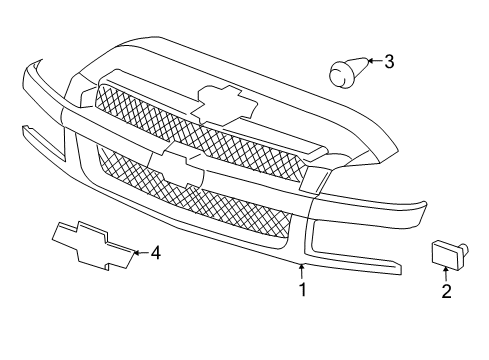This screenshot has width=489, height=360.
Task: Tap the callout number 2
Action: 446,291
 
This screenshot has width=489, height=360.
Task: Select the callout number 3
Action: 388,62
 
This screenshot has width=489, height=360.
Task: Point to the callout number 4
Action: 155,253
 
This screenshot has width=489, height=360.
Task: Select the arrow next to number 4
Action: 138,253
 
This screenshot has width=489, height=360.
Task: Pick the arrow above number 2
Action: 446,273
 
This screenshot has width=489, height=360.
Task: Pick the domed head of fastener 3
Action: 339,70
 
